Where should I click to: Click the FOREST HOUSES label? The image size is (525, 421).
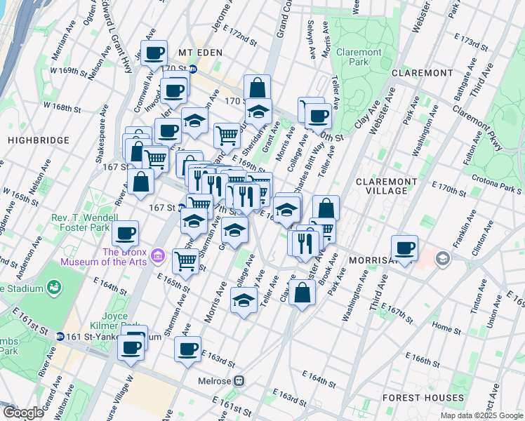pyautogui.click(x=423, y=398)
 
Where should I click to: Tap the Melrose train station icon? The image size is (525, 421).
pyautogui.click(x=239, y=380)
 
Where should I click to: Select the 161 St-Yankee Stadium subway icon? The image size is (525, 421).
pyautogui.click(x=60, y=337)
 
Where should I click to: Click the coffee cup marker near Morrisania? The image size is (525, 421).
pyautogui.click(x=405, y=248)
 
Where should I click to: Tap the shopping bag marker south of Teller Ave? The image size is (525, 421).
pyautogui.click(x=302, y=293)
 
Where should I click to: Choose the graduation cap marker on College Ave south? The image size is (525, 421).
pyautogui.click(x=243, y=302)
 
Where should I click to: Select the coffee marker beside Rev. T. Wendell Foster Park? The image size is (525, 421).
pyautogui.click(x=126, y=233)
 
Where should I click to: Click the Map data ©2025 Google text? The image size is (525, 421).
pyautogui.click(x=481, y=415)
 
